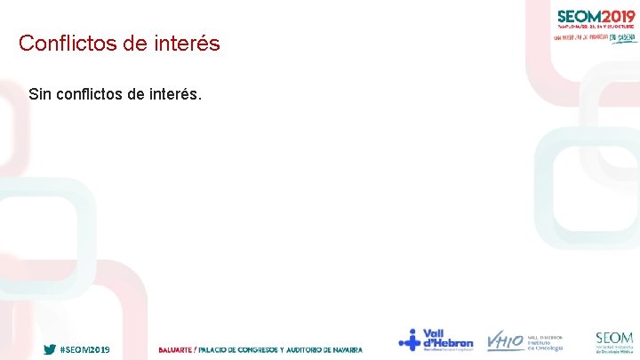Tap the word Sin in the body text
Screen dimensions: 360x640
pyautogui.click(x=40, y=93)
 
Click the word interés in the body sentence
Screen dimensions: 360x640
pyautogui.click(x=181, y=93)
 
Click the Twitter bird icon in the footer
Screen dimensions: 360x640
pyautogui.click(x=50, y=349)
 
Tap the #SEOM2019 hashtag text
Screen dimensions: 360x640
pyautogui.click(x=84, y=349)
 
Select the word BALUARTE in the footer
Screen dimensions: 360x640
pyautogui.click(x=174, y=349)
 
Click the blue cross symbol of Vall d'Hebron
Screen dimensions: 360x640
pyautogui.click(x=410, y=340)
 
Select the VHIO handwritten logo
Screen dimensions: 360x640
pyautogui.click(x=504, y=341)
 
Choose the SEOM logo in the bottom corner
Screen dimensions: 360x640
pyautogui.click(x=614, y=341)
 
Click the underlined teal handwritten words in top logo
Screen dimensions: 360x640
pyautogui.click(x=622, y=37)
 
